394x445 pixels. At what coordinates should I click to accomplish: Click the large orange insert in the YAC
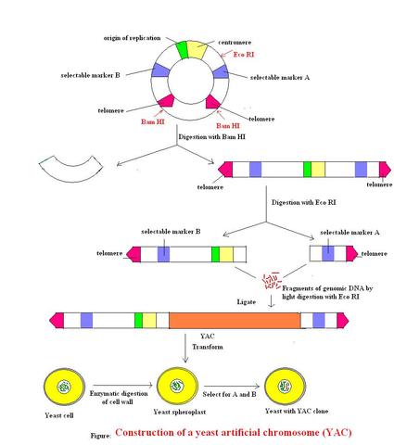click(x=234, y=320)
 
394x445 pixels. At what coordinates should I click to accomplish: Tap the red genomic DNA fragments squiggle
click(x=273, y=279)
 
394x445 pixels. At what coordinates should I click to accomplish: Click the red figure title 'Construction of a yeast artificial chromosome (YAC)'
click(x=233, y=432)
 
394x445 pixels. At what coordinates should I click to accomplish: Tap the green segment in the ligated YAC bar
click(x=138, y=320)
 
